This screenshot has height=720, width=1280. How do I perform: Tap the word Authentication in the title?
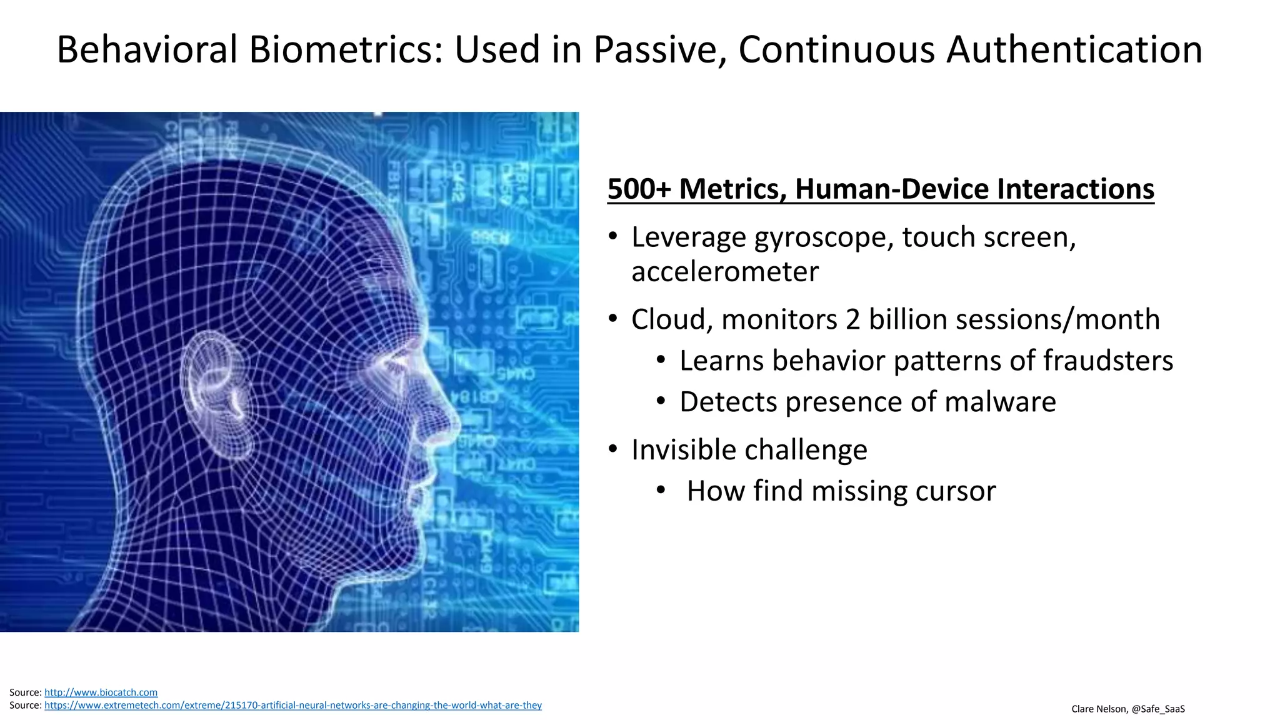(1074, 50)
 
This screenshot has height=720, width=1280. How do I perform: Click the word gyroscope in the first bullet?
(824, 238)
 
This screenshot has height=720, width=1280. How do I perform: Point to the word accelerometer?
(724, 272)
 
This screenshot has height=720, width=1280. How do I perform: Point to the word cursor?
(955, 491)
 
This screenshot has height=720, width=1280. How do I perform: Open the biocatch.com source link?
(101, 692)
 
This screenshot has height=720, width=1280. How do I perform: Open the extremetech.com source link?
(292, 706)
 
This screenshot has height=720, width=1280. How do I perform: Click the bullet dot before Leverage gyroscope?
(613, 237)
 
